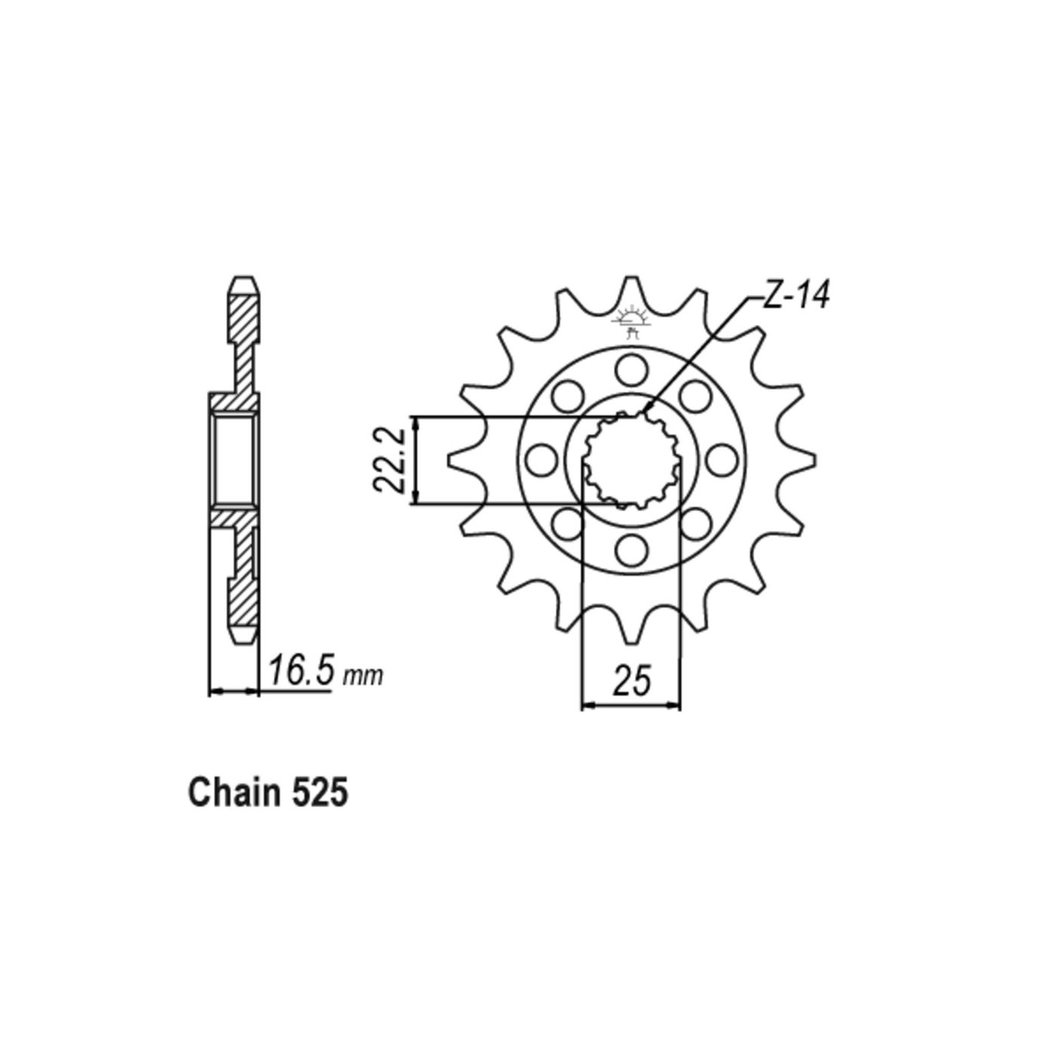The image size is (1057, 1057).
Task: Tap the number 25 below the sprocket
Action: coord(631,682)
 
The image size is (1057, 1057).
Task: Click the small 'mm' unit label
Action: coord(363,676)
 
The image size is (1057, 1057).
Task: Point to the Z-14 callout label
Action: coord(795,297)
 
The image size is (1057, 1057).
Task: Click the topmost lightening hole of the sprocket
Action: coord(630,370)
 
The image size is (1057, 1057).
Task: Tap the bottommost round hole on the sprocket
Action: coord(630,550)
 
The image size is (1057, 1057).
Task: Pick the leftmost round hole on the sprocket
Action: coord(541,460)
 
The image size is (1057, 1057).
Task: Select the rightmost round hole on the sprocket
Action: coord(720,460)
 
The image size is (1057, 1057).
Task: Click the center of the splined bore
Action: coord(630,460)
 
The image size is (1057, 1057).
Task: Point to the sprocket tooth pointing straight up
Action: coord(631,291)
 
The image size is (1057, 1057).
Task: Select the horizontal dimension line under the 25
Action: coord(631,706)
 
